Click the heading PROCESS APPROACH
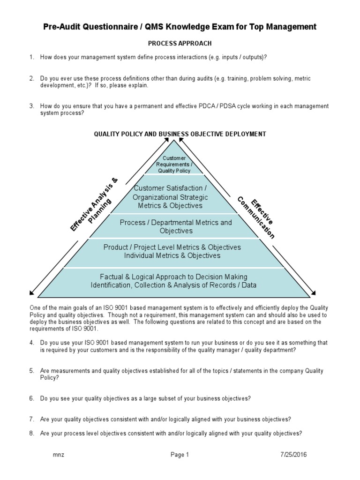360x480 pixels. [x=173, y=43]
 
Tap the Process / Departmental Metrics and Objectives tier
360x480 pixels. [x=176, y=226]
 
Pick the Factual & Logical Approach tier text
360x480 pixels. [x=173, y=281]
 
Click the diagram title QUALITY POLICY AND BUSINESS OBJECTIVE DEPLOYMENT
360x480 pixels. [x=180, y=134]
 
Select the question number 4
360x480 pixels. [x=31, y=343]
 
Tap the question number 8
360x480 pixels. [x=31, y=434]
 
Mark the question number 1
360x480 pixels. [x=31, y=57]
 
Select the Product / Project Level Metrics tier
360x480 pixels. [x=172, y=251]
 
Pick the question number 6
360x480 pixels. [x=31, y=398]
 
